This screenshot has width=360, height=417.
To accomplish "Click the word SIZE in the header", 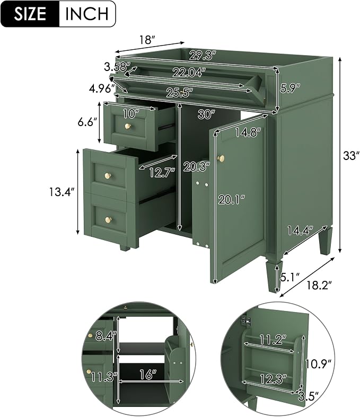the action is (30, 14).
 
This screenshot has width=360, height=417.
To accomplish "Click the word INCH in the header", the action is (87, 14).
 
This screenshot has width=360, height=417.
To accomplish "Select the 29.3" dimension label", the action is (203, 56).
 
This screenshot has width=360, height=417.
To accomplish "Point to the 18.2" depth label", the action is (319, 286).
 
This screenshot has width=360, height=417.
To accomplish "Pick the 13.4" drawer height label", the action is (62, 191).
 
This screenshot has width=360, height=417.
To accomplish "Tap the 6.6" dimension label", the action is (87, 122).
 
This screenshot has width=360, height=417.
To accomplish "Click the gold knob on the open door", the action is (221, 158).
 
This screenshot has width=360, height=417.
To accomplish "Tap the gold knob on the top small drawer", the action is (128, 126).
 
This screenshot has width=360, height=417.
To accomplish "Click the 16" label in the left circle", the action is (147, 375).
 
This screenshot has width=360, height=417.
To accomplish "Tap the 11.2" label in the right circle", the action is (273, 340).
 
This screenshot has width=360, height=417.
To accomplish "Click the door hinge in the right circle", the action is (247, 321).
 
